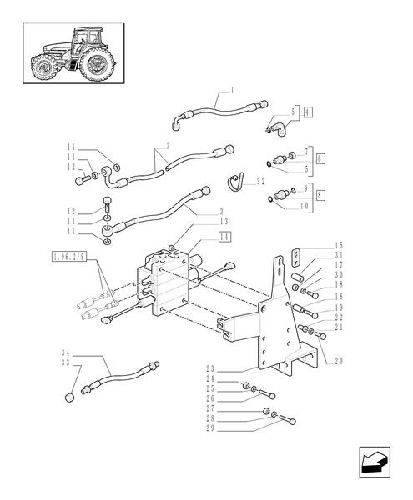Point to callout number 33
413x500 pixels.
[64, 364]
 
